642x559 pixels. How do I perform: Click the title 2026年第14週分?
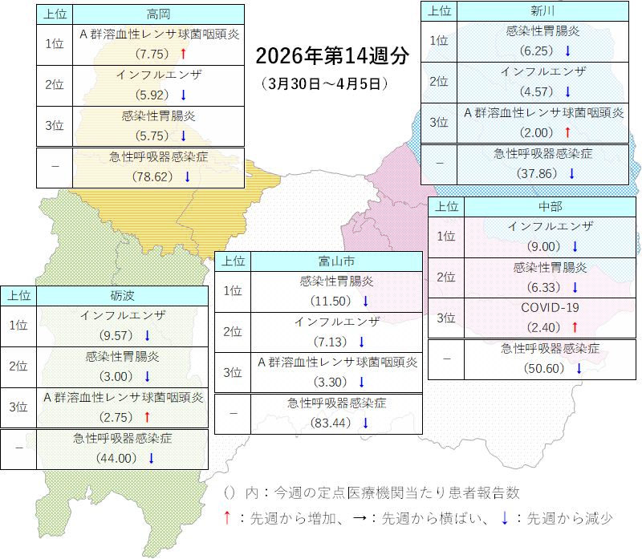point(331,56)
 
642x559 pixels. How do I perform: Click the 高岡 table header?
point(158,14)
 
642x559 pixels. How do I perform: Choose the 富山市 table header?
point(336,261)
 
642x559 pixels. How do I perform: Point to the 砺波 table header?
point(123,295)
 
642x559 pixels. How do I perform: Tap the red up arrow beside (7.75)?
point(183,55)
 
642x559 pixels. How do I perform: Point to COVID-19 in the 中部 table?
point(550,308)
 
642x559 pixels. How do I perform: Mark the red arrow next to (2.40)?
point(575,328)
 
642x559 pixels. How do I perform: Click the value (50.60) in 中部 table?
point(544,368)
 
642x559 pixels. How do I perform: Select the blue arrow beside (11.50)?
point(364,302)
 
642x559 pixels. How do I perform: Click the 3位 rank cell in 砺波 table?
point(18,407)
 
